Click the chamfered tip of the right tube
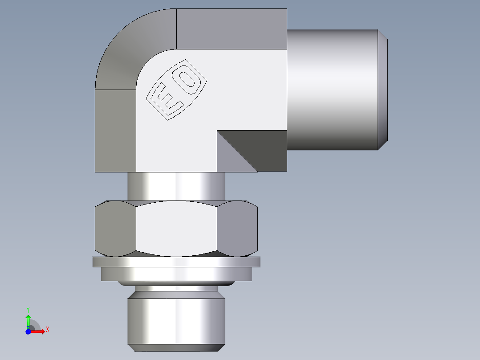point(383,89)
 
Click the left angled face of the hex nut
point(115,228)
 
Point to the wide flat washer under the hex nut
point(176,262)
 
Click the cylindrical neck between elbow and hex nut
point(176,186)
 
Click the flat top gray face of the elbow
point(232,29)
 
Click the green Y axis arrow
point(28,320)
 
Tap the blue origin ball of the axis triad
point(28,331)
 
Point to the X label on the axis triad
point(48,330)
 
